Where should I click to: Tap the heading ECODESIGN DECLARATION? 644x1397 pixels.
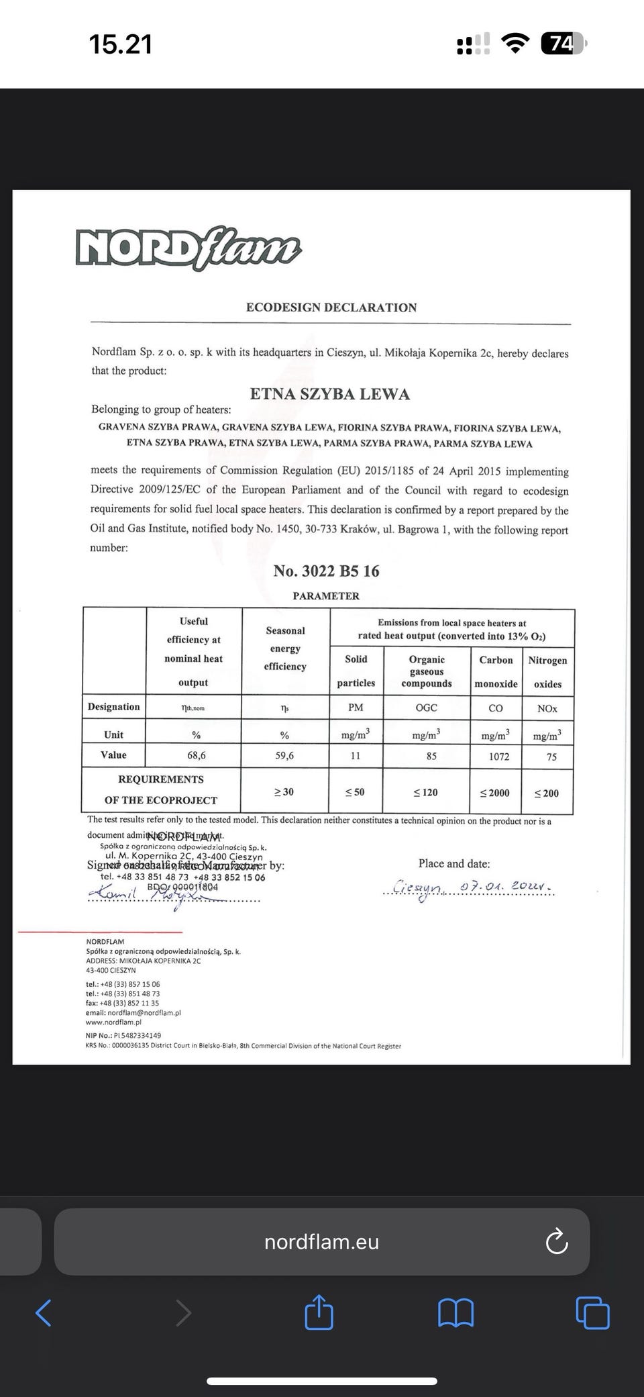pyautogui.click(x=331, y=307)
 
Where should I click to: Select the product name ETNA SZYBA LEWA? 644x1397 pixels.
pyautogui.click(x=329, y=394)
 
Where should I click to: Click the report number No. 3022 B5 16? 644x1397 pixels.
pyautogui.click(x=326, y=571)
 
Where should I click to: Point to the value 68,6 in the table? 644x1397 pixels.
pyautogui.click(x=197, y=755)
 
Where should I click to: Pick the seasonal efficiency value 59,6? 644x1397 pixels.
pyautogui.click(x=284, y=755)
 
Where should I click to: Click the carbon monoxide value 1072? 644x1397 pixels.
pyautogui.click(x=496, y=757)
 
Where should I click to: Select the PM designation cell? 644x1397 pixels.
pyautogui.click(x=356, y=708)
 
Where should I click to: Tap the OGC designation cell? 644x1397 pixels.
pyautogui.click(x=426, y=708)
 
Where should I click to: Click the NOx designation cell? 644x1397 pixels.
pyautogui.click(x=547, y=708)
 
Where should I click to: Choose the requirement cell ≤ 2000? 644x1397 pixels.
pyautogui.click(x=495, y=793)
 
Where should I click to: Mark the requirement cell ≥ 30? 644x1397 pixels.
pyautogui.click(x=284, y=792)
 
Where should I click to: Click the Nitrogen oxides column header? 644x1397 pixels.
pyautogui.click(x=547, y=672)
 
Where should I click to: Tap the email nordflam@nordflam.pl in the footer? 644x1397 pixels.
pyautogui.click(x=133, y=1013)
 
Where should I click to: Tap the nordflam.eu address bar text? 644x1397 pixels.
pyautogui.click(x=322, y=1242)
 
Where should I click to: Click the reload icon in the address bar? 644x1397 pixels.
pyautogui.click(x=557, y=1242)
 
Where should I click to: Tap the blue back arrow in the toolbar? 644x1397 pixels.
pyautogui.click(x=44, y=1312)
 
